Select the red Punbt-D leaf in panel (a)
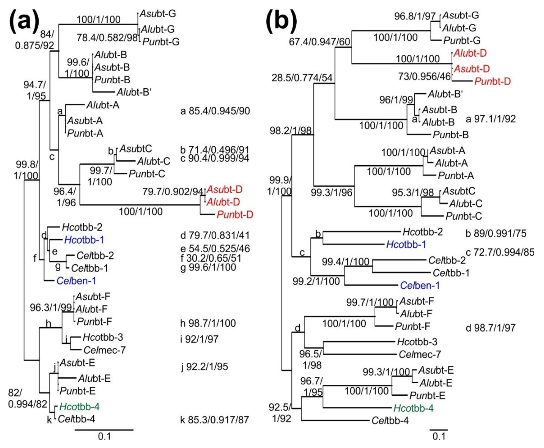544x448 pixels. tap(235, 214)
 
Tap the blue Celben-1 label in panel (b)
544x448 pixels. tap(419, 285)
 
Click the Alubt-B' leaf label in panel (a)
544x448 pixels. tap(134, 92)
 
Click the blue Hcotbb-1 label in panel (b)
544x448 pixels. tap(406, 244)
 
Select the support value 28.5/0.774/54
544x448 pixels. tap(302, 78)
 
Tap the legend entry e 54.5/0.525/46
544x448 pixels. tap(215, 248)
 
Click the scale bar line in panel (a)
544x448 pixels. tap(104, 430)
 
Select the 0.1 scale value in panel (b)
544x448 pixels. tap(439, 436)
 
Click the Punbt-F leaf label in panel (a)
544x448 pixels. tap(94, 321)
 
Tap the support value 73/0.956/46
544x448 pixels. tap(424, 76)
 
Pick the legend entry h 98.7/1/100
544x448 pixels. tap(208, 323)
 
